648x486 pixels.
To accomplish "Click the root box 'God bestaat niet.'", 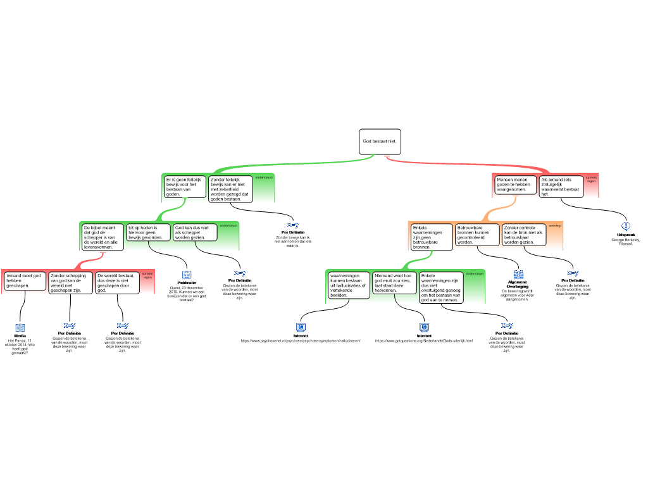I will [x=380, y=142].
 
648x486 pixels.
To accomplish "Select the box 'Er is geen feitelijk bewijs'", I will [x=185, y=187].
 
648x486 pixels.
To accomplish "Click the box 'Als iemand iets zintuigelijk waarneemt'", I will [x=561, y=187].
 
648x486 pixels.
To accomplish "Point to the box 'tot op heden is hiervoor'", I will [x=148, y=232].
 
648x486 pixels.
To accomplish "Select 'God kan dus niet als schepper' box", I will [x=195, y=232].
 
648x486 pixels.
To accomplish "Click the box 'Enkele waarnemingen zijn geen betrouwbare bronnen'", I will [x=432, y=237].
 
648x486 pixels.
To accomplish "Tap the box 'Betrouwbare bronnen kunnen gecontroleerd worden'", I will [x=478, y=235].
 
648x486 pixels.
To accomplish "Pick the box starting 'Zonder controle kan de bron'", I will [x=524, y=235].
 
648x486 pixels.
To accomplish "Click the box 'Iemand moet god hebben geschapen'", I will [x=25, y=281].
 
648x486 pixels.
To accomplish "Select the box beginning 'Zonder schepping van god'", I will [x=71, y=283].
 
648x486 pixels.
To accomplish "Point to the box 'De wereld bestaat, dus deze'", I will [x=117, y=283].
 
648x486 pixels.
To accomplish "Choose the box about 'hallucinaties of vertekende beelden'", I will [x=349, y=285].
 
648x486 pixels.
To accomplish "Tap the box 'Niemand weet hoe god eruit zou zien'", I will [x=395, y=283].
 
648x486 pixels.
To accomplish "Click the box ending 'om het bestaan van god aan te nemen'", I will [x=441, y=288].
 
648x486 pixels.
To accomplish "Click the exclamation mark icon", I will [x=626, y=226].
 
